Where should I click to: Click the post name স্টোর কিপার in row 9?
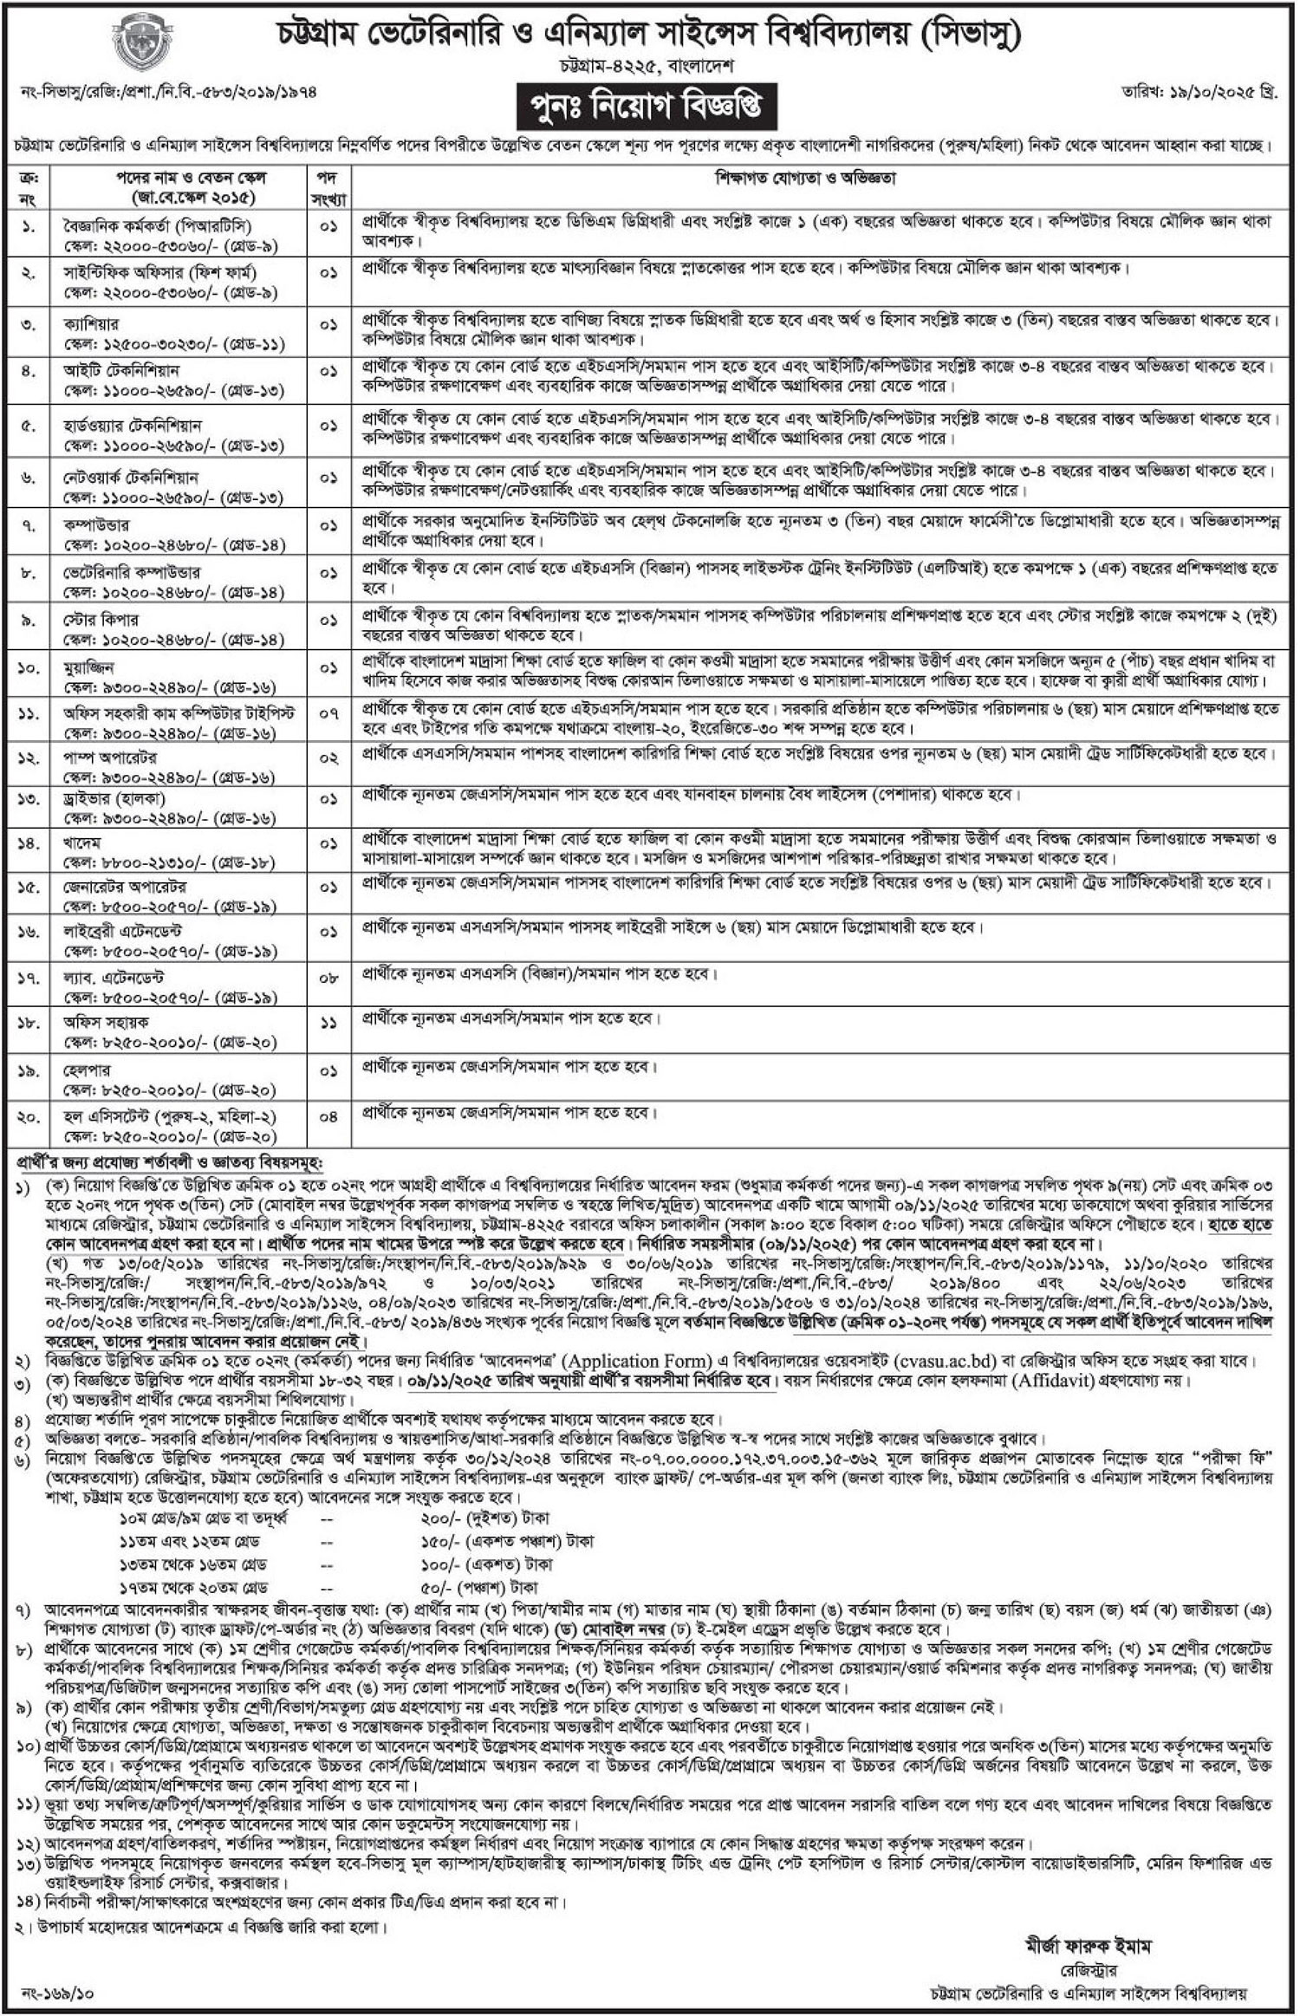click(96, 620)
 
